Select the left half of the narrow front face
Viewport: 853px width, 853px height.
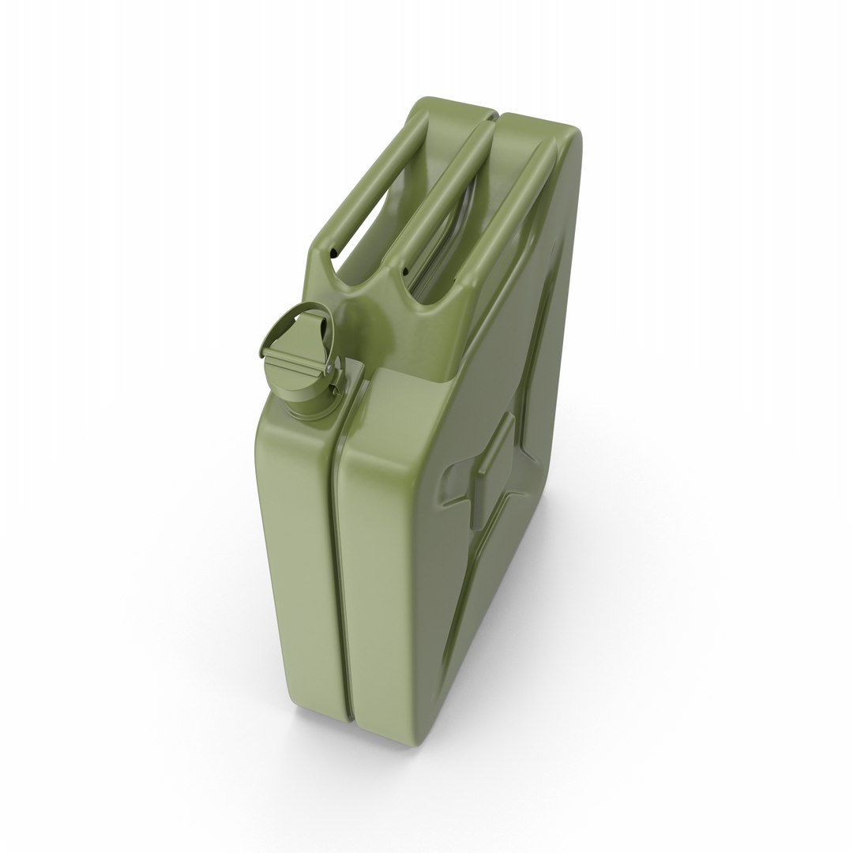(296, 553)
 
